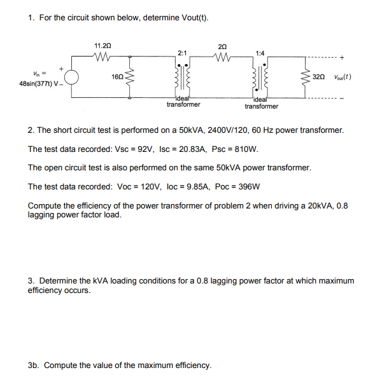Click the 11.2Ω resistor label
click(x=103, y=46)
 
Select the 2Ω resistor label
click(x=222, y=46)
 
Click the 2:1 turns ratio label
click(x=181, y=52)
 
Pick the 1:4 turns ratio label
click(x=260, y=52)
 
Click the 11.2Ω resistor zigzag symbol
click(x=103, y=55)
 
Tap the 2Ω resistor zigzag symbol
click(x=222, y=55)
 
